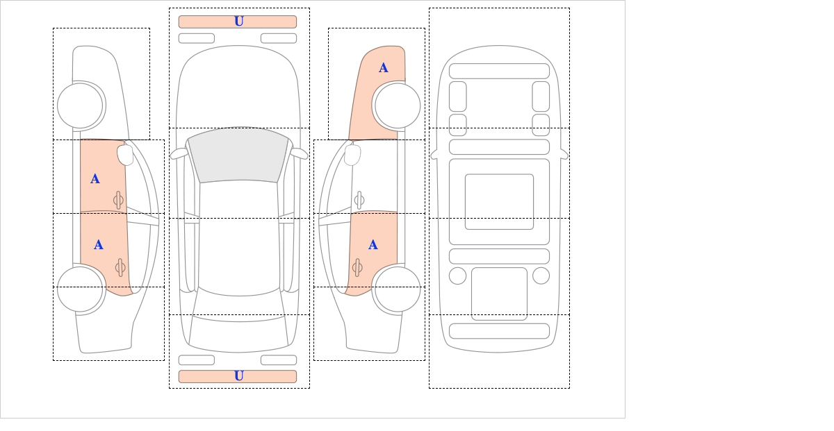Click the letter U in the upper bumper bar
pyautogui.click(x=239, y=22)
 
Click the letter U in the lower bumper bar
pyautogui.click(x=239, y=376)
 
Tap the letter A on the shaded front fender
pyautogui.click(x=384, y=68)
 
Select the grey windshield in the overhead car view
pyautogui.click(x=238, y=155)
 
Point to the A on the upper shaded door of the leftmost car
pyautogui.click(x=95, y=179)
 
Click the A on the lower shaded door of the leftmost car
pyautogui.click(x=98, y=245)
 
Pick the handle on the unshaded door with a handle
pyautogui.click(x=359, y=200)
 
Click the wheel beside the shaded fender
pyautogui.click(x=398, y=106)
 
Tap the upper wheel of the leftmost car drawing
pyautogui.click(x=80, y=106)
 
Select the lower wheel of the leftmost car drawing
pyautogui.click(x=80, y=289)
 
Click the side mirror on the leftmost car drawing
pyautogui.click(x=125, y=155)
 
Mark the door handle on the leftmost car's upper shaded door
pyautogui.click(x=118, y=200)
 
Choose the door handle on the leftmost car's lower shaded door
pyautogui.click(x=120, y=267)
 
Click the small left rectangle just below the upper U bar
pyautogui.click(x=197, y=38)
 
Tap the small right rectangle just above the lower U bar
pyautogui.click(x=279, y=360)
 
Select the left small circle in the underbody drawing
pyautogui.click(x=457, y=276)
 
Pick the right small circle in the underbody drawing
pyautogui.click(x=541, y=276)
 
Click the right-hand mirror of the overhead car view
pyautogui.click(x=299, y=153)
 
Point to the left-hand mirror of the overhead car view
pyautogui.click(x=179, y=153)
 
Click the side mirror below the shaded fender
pyautogui.click(x=352, y=155)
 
